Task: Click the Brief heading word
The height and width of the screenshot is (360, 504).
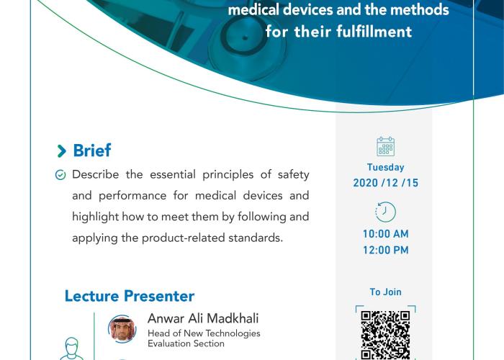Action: pyautogui.click(x=92, y=150)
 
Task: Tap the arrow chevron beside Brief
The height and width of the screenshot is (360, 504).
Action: pyautogui.click(x=61, y=151)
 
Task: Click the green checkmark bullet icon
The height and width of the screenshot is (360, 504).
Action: pyautogui.click(x=60, y=175)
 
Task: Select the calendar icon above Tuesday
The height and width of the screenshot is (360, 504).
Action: pyautogui.click(x=385, y=146)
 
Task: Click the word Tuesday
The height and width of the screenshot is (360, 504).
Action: pyautogui.click(x=385, y=167)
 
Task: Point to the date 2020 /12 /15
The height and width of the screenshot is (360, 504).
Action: pyautogui.click(x=386, y=183)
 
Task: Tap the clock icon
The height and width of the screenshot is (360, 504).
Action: pyautogui.click(x=385, y=212)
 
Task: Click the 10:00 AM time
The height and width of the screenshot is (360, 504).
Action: pyautogui.click(x=386, y=234)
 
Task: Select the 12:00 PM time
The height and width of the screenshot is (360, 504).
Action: pyautogui.click(x=386, y=250)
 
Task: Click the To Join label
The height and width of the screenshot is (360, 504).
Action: pyautogui.click(x=385, y=292)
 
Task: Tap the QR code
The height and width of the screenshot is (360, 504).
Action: pyautogui.click(x=385, y=335)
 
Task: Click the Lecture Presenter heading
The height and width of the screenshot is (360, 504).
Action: pyautogui.click(x=130, y=296)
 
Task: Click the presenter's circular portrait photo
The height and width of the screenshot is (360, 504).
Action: pyautogui.click(x=122, y=329)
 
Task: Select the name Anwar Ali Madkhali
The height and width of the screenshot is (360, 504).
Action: pyautogui.click(x=203, y=318)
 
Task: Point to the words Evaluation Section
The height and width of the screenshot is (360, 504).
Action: pyautogui.click(x=186, y=343)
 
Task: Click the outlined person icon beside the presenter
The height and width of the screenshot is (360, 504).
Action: pyautogui.click(x=72, y=348)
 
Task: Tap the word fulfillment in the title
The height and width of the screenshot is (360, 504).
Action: pyautogui.click(x=374, y=32)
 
